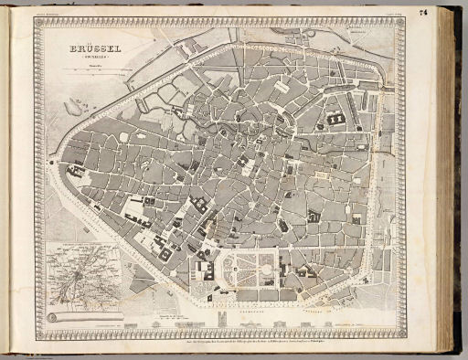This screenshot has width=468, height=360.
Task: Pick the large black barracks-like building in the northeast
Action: pos(335,118)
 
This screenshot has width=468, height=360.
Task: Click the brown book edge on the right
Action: pos(448,183)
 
